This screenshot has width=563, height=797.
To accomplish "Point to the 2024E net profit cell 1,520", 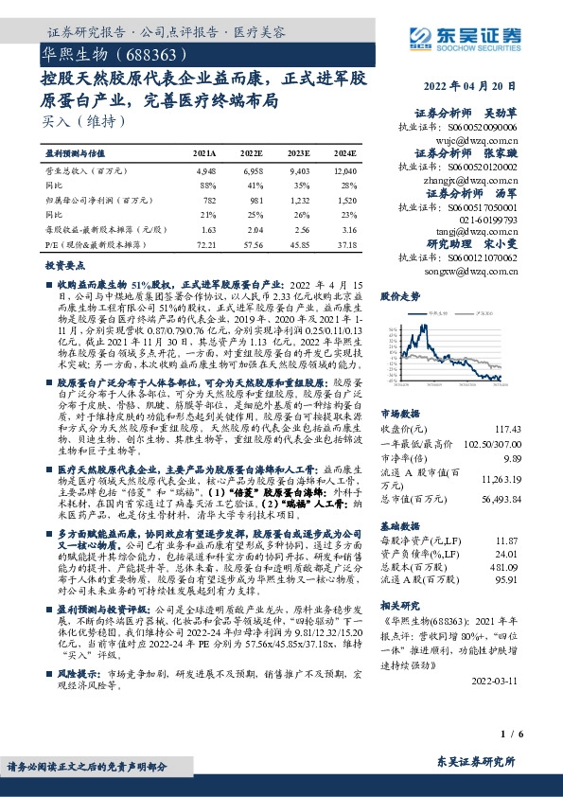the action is pos(345,201).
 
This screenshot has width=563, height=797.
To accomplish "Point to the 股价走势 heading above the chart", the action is pos(399,296).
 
